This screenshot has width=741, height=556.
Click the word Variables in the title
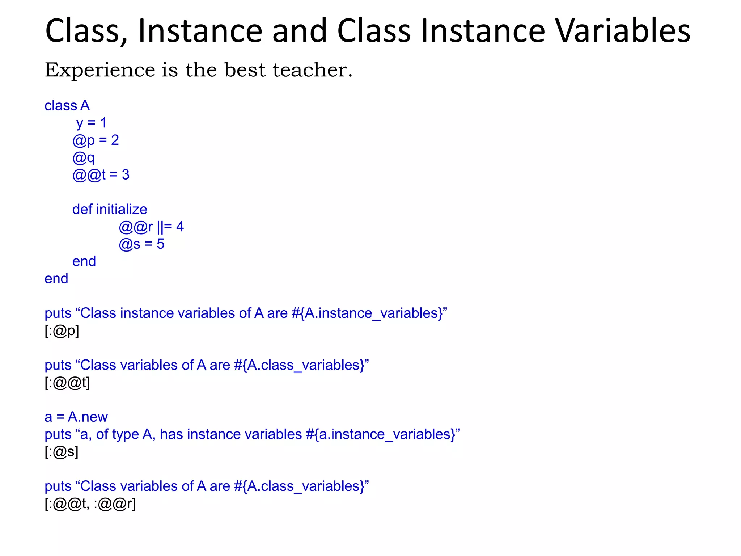click(x=623, y=31)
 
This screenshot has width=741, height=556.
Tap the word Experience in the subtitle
click(x=100, y=70)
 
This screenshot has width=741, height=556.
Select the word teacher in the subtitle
click(x=312, y=70)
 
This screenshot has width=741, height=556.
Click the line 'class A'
click(x=67, y=106)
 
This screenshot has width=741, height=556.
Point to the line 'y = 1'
click(x=91, y=123)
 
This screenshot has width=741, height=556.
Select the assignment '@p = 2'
click(x=96, y=140)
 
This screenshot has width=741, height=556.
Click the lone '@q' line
click(x=84, y=158)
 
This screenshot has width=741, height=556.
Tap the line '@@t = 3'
click(x=101, y=175)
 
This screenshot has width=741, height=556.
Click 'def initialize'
click(x=110, y=210)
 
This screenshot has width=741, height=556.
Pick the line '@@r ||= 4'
click(x=151, y=227)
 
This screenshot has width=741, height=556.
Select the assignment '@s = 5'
click(x=141, y=244)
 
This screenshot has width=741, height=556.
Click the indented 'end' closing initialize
click(x=84, y=261)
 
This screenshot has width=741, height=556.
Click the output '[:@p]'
click(x=62, y=331)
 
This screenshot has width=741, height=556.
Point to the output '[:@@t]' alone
click(x=67, y=383)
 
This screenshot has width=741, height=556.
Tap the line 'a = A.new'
click(x=76, y=417)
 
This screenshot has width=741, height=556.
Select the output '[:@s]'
click(x=62, y=452)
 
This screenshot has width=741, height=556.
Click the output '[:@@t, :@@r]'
click(x=90, y=504)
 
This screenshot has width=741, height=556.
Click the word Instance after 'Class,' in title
click(x=200, y=31)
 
